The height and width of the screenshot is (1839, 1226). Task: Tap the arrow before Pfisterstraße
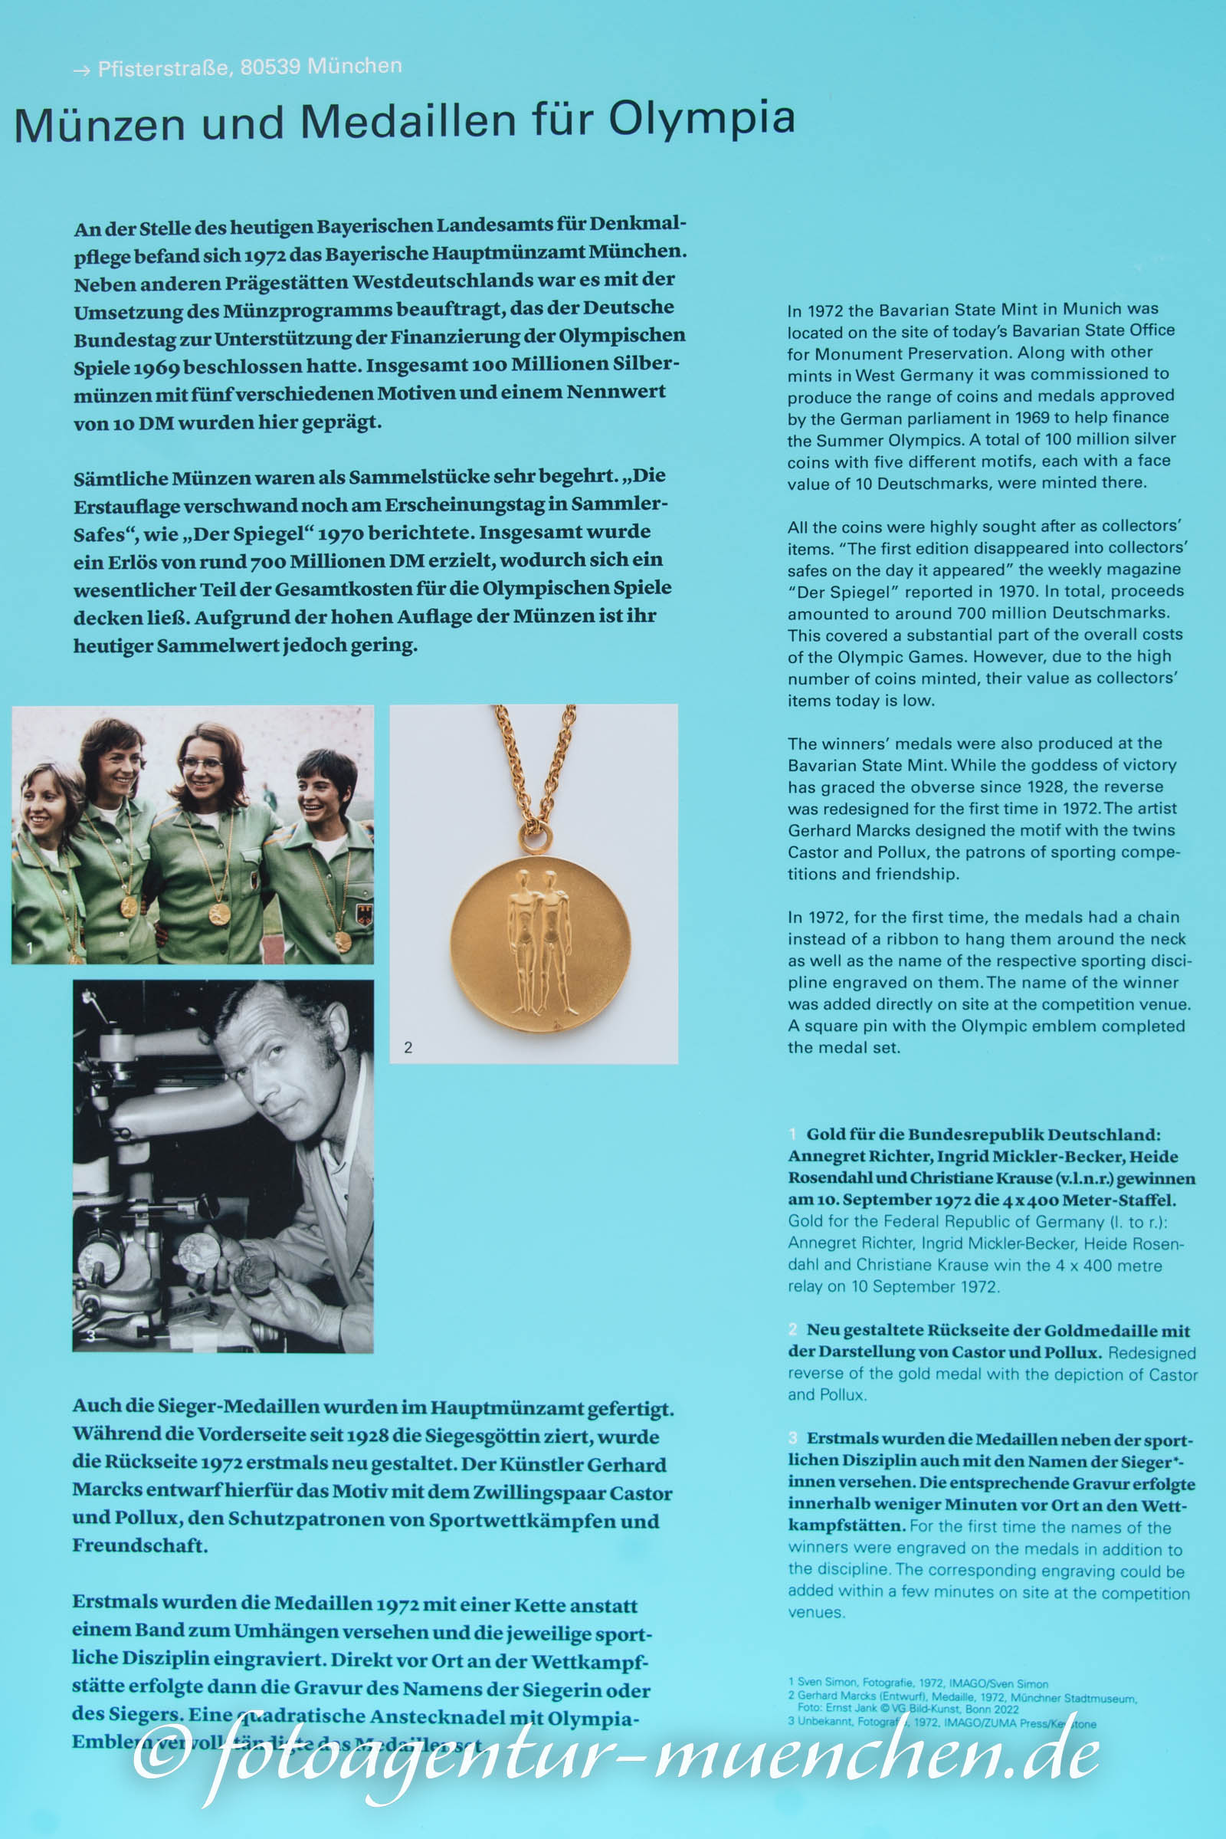point(81,71)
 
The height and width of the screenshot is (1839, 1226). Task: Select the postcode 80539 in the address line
point(270,67)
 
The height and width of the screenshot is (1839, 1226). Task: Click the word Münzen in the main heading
point(100,125)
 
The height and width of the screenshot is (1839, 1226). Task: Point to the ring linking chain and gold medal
point(535,839)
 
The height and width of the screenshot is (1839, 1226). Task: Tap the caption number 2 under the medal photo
point(408,1047)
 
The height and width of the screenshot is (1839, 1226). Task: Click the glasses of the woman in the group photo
point(201,764)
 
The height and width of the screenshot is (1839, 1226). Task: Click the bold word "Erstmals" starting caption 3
point(841,1439)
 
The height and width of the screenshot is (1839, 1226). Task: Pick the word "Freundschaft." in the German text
point(140,1545)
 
